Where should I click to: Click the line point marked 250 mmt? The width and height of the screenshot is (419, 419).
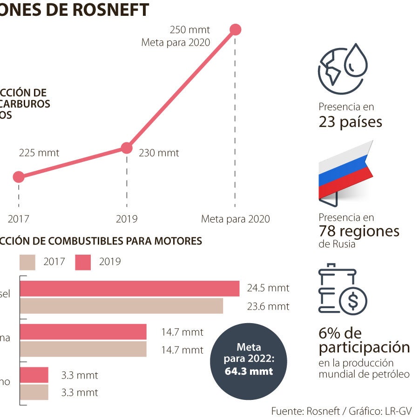[236, 30]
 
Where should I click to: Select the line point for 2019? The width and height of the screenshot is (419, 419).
[127, 148]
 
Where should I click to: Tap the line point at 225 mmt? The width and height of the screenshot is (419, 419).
[19, 177]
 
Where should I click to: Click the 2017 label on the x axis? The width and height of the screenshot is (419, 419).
[19, 219]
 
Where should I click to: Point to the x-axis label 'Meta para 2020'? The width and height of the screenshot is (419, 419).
[235, 219]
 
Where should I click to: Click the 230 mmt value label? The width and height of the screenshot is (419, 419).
[159, 153]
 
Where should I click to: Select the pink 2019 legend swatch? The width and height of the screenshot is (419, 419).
[83, 262]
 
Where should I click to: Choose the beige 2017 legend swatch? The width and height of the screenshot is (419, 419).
[27, 262]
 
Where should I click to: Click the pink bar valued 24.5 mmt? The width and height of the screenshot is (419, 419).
[129, 289]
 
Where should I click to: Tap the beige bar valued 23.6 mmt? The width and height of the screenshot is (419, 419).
[121, 306]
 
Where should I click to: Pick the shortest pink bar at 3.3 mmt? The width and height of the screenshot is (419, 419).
[34, 375]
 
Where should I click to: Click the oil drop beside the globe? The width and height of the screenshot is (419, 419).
[357, 61]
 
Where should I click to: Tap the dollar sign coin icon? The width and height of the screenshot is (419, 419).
[353, 301]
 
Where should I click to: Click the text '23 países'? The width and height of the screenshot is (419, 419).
[350, 122]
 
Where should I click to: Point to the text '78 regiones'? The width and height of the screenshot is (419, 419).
[358, 231]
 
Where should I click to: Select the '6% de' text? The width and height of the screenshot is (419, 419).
[340, 333]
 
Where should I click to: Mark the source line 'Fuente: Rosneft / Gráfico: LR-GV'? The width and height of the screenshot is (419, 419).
[341, 411]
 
